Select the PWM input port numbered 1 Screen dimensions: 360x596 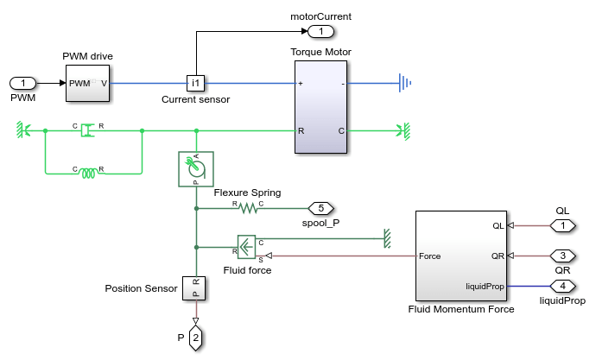tap(23, 84)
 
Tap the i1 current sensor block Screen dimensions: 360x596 tap(195, 84)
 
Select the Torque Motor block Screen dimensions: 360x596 tap(320, 107)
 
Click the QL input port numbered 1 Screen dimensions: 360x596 tap(562, 226)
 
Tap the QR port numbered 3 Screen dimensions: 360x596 tap(562, 256)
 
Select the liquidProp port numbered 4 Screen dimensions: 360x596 tap(562, 286)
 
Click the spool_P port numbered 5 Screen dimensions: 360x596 tap(320, 208)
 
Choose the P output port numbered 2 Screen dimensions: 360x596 tap(195, 338)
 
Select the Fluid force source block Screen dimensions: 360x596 tap(248, 247)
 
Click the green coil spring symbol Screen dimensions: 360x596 tap(88, 174)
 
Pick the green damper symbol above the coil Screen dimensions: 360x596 tap(88, 131)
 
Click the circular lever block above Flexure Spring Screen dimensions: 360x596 tap(195, 168)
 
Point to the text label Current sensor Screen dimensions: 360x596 tap(196, 100)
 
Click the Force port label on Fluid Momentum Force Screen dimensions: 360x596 tap(430, 256)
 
